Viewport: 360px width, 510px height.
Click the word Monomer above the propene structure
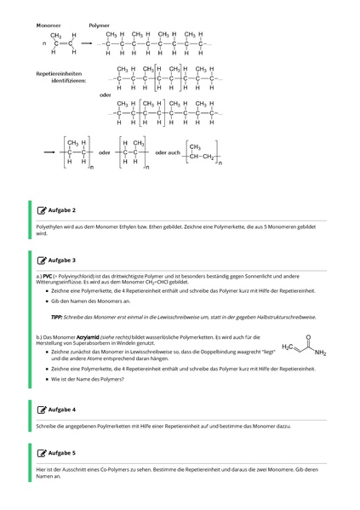49,26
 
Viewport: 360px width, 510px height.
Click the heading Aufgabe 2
62,209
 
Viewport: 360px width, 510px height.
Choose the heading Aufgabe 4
62,410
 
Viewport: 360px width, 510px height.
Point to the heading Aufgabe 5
62,453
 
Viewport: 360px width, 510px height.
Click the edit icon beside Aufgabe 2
42,209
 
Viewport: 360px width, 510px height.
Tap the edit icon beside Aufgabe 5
42,453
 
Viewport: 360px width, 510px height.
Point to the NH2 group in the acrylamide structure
319,352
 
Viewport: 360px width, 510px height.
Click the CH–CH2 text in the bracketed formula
201,156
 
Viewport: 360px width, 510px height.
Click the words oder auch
167,152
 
